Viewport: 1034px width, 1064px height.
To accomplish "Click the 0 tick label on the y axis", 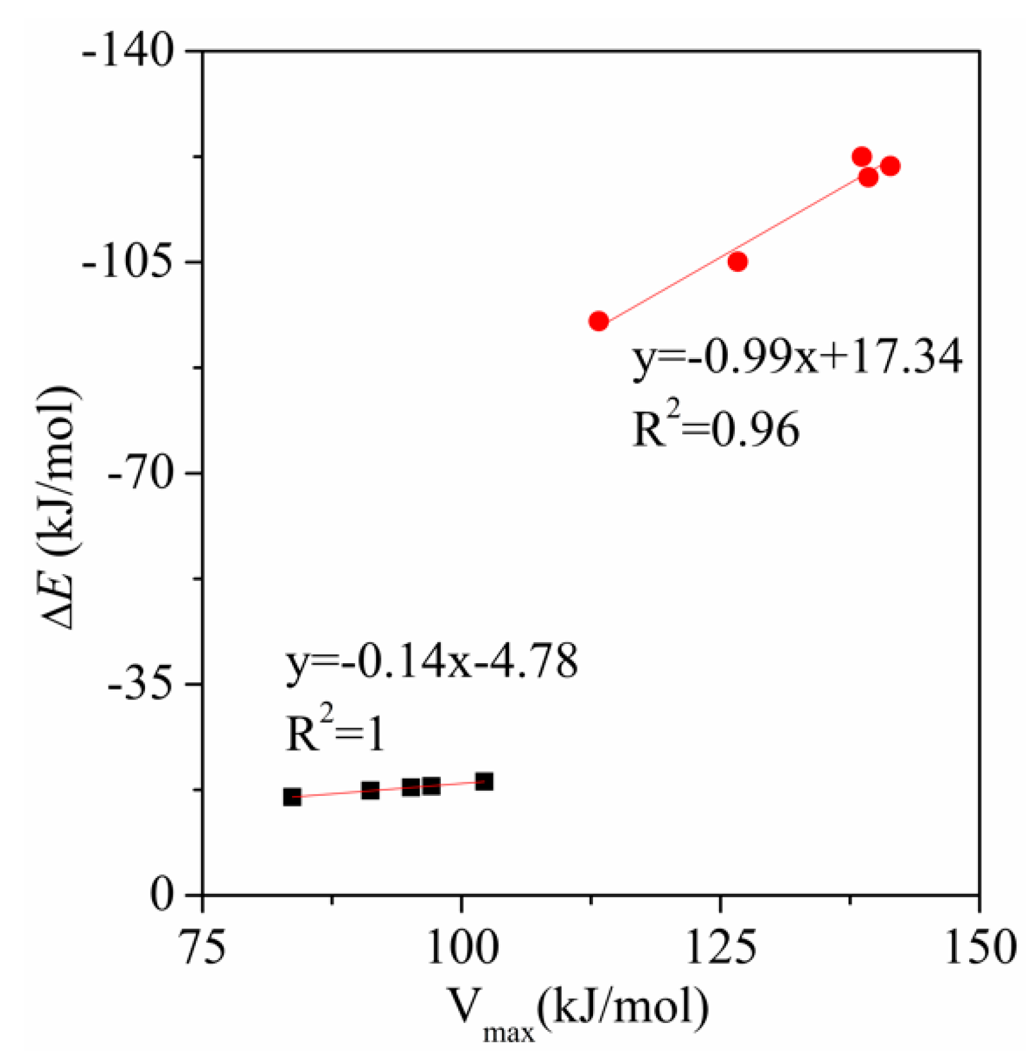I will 163,894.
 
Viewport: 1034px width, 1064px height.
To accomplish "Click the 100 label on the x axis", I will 461,948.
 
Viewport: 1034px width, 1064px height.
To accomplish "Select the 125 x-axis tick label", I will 721,948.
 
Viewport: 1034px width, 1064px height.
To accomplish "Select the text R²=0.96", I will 716,428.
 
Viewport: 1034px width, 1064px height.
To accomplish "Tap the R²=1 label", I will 335,732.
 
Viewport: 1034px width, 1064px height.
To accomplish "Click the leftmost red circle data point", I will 598,321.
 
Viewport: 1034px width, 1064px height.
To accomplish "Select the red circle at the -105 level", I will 737,262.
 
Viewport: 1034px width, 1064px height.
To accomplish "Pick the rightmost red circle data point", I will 890,166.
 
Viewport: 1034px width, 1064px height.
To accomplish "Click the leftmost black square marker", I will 292,797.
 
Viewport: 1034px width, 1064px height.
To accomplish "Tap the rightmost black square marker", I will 484,781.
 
